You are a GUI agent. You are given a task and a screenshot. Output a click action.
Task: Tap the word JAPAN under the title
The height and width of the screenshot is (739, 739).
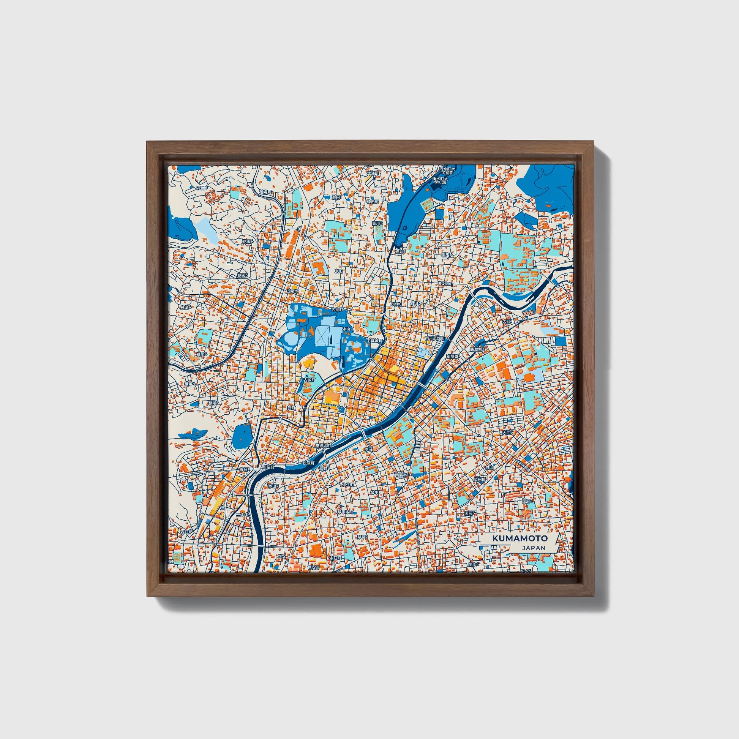(x=533, y=548)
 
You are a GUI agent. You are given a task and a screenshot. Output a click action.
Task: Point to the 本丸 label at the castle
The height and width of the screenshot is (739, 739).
(x=346, y=329)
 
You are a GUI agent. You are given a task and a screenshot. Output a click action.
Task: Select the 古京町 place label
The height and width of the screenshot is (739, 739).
(x=338, y=310)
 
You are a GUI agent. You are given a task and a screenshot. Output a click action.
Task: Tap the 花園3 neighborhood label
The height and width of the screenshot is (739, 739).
(x=242, y=275)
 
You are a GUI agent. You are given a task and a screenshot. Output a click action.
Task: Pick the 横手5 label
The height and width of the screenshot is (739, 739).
(x=201, y=355)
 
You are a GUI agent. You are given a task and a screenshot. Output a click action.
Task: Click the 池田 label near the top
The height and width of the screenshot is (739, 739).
(x=336, y=197)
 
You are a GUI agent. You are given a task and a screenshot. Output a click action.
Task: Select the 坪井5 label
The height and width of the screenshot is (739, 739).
(x=400, y=252)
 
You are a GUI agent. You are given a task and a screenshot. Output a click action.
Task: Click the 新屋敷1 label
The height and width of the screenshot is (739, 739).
(x=453, y=356)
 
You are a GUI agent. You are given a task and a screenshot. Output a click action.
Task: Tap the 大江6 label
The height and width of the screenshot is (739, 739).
(x=507, y=432)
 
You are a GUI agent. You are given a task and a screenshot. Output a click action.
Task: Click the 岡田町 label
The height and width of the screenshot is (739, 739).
(x=479, y=479)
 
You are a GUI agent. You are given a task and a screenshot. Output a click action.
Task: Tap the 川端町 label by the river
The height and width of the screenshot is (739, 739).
(x=268, y=467)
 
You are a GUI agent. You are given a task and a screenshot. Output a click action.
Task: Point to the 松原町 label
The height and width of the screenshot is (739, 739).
(x=308, y=463)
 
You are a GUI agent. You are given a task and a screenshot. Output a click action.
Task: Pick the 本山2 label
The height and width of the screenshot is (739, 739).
(x=273, y=486)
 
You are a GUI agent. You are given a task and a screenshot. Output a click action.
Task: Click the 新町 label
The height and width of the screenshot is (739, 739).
(x=292, y=408)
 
